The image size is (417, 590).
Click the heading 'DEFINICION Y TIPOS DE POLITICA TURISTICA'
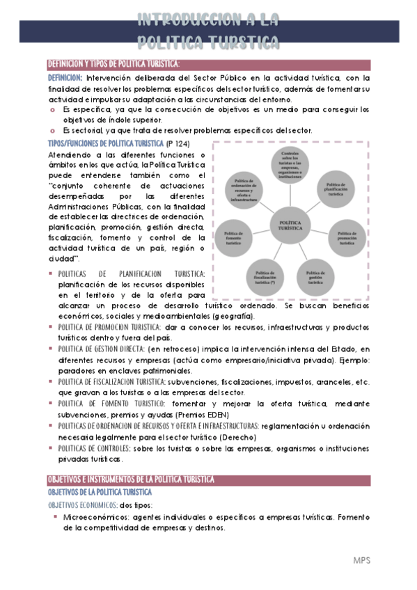pos(111,65)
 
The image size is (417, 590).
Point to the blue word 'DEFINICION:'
pos(65,78)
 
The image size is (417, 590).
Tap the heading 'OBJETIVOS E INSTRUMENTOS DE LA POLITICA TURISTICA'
pos(130,480)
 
